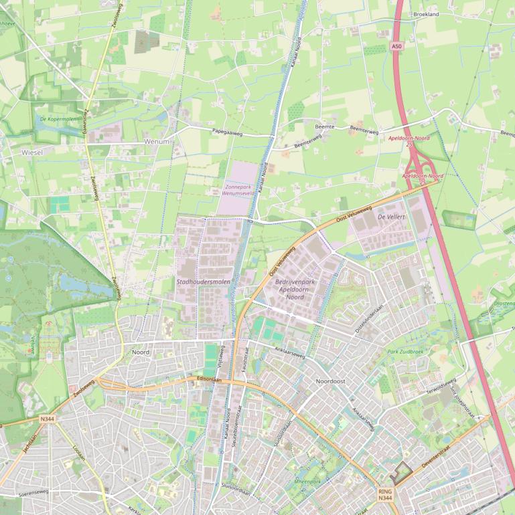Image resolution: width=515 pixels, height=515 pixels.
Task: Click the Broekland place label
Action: pos(426,14)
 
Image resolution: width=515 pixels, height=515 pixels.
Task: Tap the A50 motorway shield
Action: pos(397,46)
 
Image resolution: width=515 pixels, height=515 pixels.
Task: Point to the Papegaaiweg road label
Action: pos(226,132)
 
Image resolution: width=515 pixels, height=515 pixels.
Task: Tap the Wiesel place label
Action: pos(32,152)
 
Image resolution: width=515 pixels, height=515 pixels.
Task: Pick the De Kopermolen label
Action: pos(58,119)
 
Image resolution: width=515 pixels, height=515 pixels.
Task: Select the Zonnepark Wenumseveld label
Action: pos(239,190)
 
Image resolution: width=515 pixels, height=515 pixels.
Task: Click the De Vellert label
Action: pos(392,217)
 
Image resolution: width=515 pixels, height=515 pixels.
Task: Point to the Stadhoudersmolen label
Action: pos(203,282)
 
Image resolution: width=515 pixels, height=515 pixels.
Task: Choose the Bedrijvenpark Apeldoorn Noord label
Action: pos(295,289)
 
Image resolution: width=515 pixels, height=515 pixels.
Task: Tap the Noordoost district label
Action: pos(330,381)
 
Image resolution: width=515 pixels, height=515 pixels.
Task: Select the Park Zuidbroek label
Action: pos(405,351)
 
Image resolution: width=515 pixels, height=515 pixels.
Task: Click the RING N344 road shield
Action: pos(385,494)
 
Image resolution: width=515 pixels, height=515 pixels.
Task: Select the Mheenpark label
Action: pos(307,481)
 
